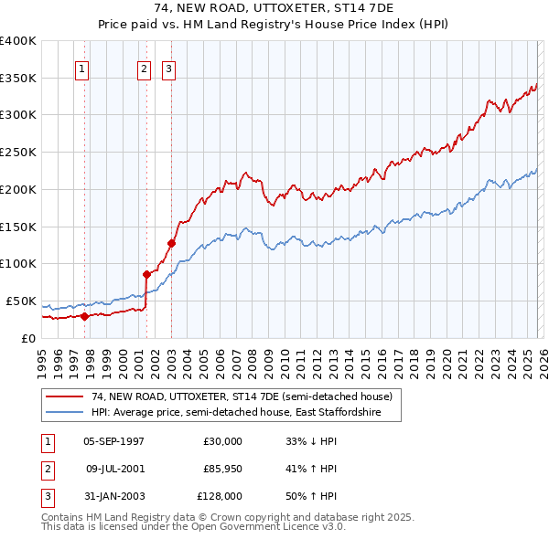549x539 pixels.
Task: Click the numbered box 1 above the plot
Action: click(x=82, y=68)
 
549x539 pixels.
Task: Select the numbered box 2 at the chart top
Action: click(x=145, y=68)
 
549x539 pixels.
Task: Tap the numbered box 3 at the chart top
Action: click(x=170, y=68)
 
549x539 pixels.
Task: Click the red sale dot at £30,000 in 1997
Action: click(x=84, y=316)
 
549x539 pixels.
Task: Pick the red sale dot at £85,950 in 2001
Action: click(x=146, y=274)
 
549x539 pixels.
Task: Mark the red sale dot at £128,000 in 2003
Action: click(x=171, y=243)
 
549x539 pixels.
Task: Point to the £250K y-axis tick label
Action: click(x=18, y=153)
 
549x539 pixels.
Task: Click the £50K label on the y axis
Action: click(x=21, y=301)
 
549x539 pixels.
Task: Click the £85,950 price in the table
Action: click(x=223, y=469)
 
